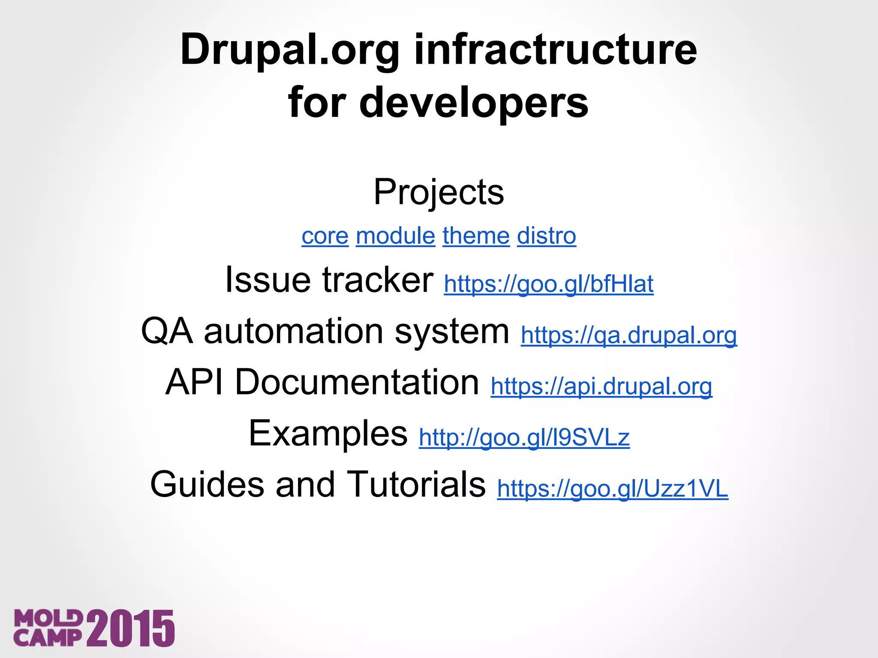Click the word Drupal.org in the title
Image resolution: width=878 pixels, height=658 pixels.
pos(290,51)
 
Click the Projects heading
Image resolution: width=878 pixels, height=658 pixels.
pos(439,192)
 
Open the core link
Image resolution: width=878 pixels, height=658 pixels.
pos(325,236)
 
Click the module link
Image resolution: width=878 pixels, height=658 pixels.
pos(395,236)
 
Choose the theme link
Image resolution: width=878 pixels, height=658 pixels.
pos(476,236)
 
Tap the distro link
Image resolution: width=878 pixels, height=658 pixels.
pos(546,236)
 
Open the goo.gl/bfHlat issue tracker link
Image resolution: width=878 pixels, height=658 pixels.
pos(548,284)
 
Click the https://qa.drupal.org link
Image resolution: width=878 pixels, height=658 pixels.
pos(628,335)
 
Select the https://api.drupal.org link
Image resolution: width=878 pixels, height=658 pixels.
pos(601,386)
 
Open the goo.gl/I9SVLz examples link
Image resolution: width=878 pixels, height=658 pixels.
pos(524,438)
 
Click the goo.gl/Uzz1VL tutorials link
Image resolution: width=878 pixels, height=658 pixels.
pos(612,489)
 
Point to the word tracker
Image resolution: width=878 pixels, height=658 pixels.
pos(378,280)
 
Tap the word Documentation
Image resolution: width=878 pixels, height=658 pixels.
pos(357,382)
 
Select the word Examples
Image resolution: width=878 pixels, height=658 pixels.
pos(328,434)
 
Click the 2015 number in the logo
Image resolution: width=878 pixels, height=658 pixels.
pos(131,628)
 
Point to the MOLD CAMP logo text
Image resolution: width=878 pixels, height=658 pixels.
pos(48,628)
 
